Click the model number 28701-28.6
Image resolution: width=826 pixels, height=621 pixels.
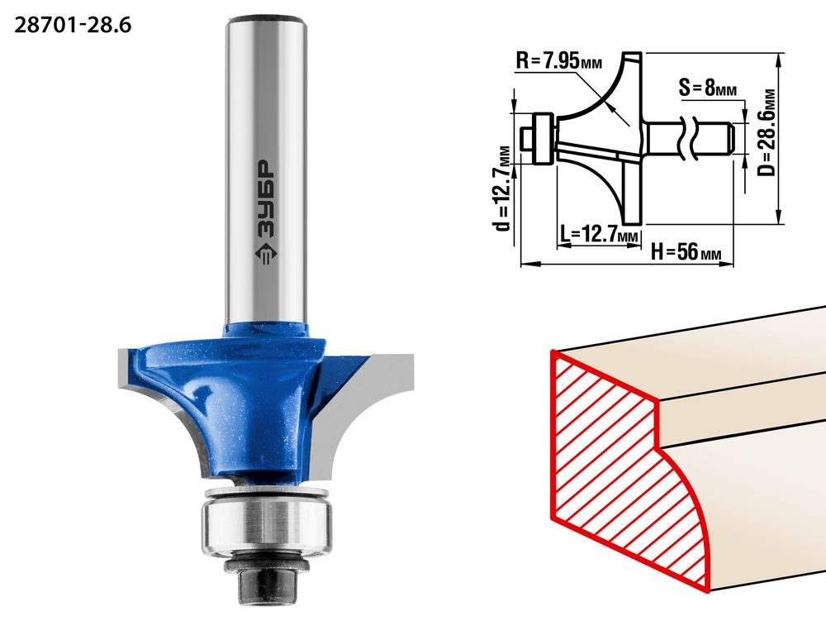pyautogui.click(x=73, y=26)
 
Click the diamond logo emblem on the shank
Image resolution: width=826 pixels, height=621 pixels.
pyautogui.click(x=265, y=254)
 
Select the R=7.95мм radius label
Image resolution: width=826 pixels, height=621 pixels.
pyautogui.click(x=559, y=60)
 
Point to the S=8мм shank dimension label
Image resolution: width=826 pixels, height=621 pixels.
pyautogui.click(x=708, y=87)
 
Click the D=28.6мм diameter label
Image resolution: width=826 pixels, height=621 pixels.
pyautogui.click(x=767, y=131)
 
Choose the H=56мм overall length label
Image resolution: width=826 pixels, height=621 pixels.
pyautogui.click(x=686, y=251)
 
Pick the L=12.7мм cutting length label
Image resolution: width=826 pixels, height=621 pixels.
pyautogui.click(x=599, y=233)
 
